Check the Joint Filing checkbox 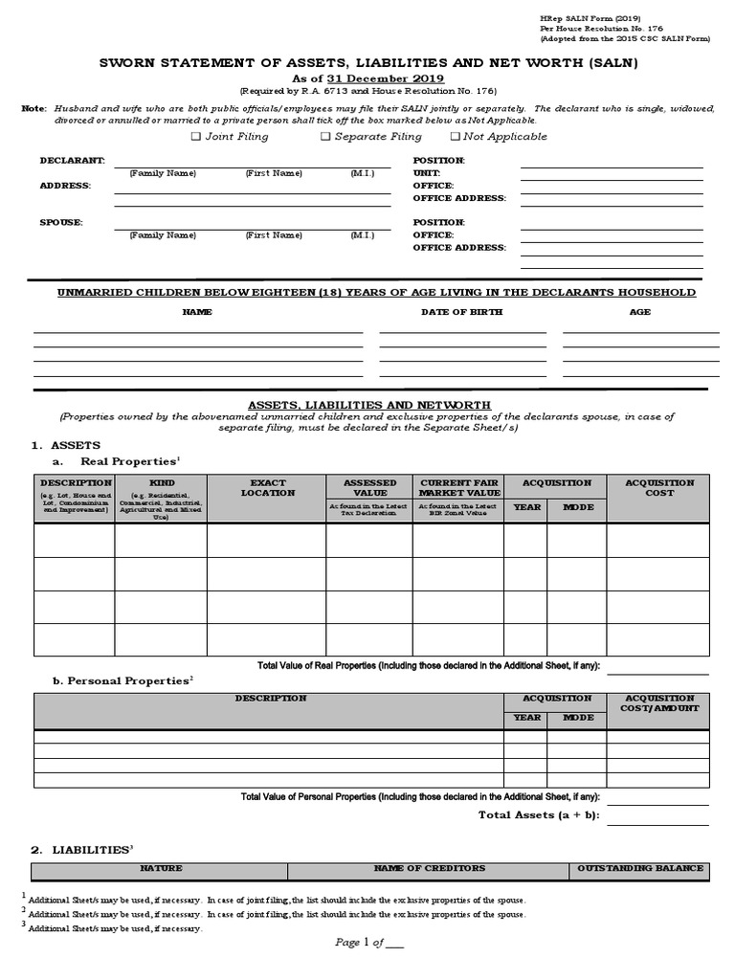195,137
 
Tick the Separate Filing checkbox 325,137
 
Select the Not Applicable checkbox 455,137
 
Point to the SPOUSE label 60,222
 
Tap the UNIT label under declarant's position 426,173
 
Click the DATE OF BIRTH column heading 461,312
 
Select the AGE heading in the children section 639,312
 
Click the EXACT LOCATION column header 267,488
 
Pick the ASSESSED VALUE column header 369,488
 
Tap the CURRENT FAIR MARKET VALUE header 457,488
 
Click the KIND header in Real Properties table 162,483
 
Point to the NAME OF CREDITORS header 429,869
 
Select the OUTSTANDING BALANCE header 640,869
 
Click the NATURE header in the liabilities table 161,869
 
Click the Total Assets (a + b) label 538,814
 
